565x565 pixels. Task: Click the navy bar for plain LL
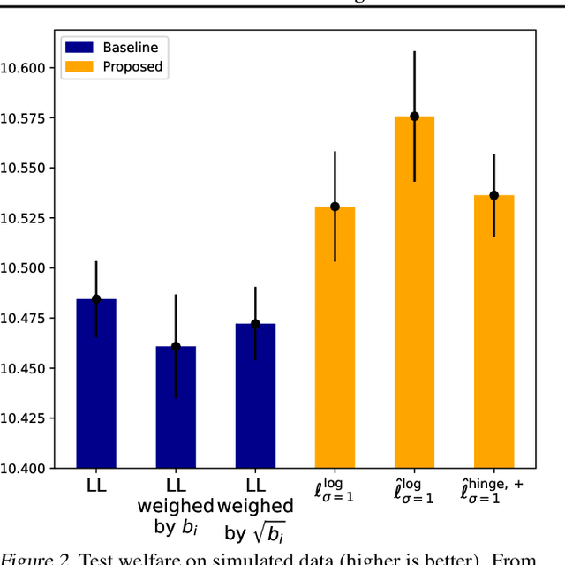pyautogui.click(x=96, y=384)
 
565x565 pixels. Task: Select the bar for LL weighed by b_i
pyautogui.click(x=176, y=407)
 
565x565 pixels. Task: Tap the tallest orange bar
pyautogui.click(x=414, y=291)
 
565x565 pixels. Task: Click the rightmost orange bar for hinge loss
pyautogui.click(x=493, y=331)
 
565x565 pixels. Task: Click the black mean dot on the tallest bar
pyautogui.click(x=414, y=117)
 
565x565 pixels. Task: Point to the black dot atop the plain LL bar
pyautogui.click(x=96, y=299)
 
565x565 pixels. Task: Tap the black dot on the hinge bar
pyautogui.click(x=493, y=195)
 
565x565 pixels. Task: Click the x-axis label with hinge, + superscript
pyautogui.click(x=493, y=491)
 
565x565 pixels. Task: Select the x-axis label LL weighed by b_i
pyautogui.click(x=176, y=507)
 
